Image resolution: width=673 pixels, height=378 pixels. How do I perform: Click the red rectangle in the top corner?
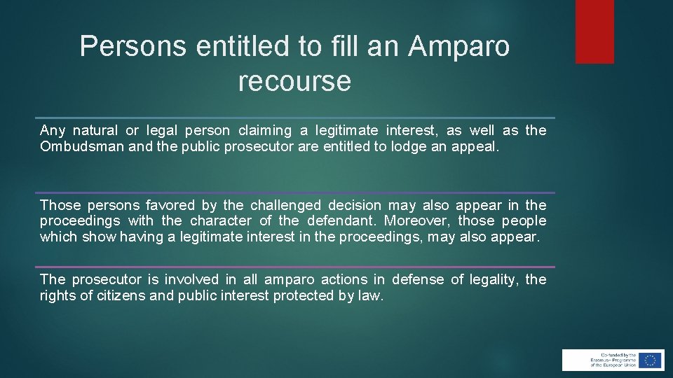[594, 31]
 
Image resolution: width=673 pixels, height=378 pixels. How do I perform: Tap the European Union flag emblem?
[650, 360]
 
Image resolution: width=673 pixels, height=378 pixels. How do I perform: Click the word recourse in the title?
[294, 81]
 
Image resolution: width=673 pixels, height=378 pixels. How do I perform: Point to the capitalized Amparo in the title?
[458, 46]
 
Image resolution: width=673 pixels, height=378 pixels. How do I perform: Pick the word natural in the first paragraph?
[95, 130]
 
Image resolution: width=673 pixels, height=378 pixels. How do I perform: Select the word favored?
[170, 205]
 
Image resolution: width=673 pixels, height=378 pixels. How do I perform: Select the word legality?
[495, 279]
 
